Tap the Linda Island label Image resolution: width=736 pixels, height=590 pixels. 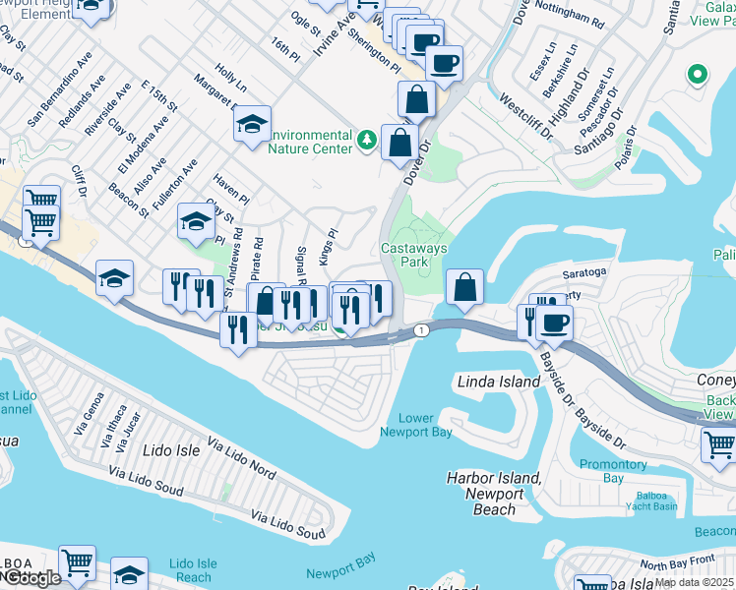coord(499,381)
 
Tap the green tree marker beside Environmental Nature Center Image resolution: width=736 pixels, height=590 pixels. coord(367,142)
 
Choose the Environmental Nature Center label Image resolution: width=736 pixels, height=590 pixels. coord(310,142)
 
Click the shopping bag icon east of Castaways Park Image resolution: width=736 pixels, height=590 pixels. coord(464,288)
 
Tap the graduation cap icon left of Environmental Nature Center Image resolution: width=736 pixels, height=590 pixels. coord(252,124)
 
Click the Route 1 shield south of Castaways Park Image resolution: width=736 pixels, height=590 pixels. coord(420,329)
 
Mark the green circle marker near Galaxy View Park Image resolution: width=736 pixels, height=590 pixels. coord(698,75)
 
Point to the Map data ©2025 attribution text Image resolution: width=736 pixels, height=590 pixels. coord(694,582)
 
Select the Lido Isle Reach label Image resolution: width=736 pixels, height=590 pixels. coord(193,570)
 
